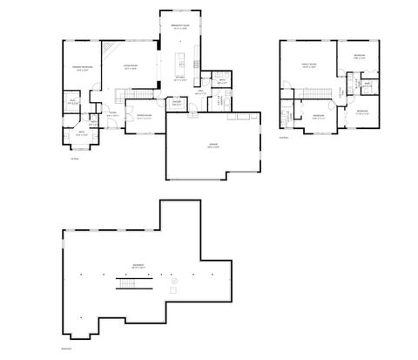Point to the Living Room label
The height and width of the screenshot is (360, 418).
131,68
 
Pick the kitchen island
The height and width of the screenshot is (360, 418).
181,63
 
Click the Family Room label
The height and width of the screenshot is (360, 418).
307,65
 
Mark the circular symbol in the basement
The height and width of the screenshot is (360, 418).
173,281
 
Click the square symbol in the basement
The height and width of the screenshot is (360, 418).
174,289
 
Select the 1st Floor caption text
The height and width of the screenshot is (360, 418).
73,159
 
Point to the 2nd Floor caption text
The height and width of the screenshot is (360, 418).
283,137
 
